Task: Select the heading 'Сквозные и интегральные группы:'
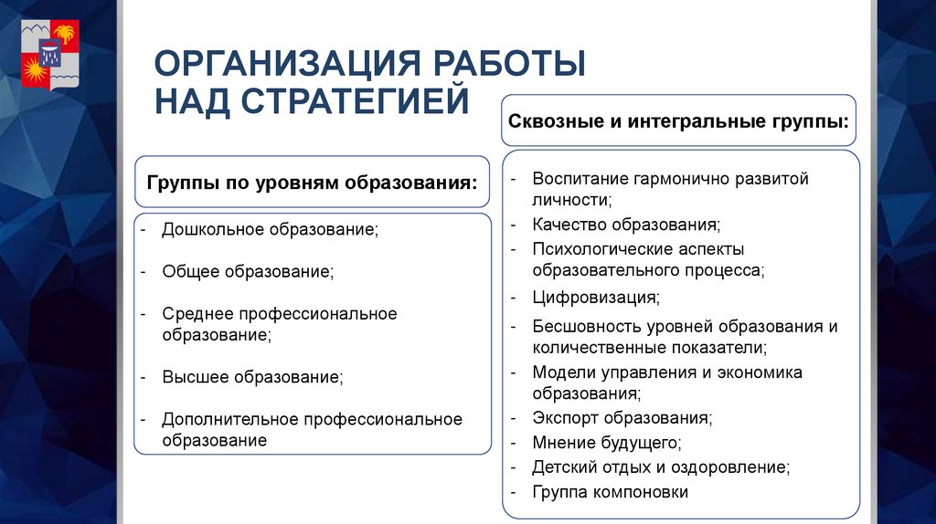(x=678, y=121)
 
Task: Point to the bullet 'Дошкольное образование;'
(x=270, y=229)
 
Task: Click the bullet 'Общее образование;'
(x=248, y=271)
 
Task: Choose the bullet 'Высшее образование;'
(x=253, y=376)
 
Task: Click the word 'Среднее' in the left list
(x=198, y=314)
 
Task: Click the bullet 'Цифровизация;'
(x=596, y=298)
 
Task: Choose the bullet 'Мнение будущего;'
(x=607, y=443)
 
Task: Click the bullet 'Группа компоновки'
(x=611, y=492)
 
